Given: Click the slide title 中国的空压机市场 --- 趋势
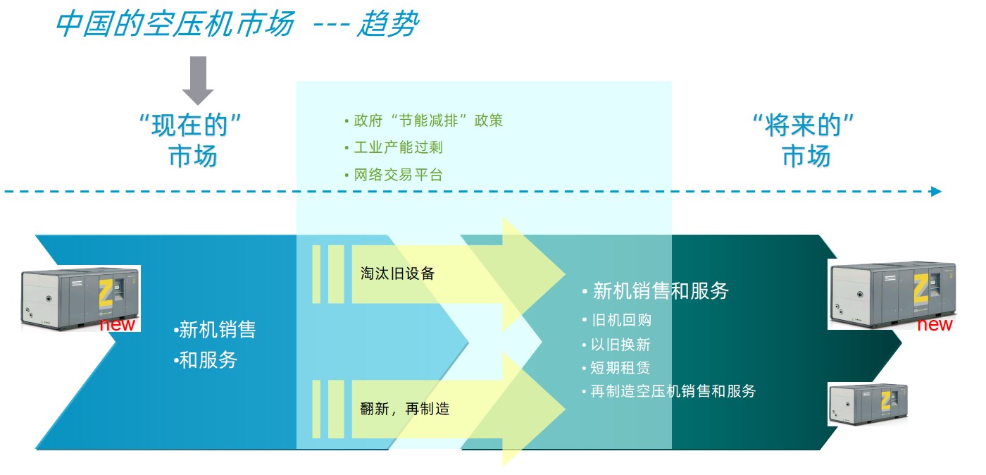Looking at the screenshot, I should click(236, 25).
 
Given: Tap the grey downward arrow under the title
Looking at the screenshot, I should click(198, 80).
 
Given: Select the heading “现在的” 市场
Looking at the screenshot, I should click(192, 141).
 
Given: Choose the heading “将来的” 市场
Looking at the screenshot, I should click(805, 141).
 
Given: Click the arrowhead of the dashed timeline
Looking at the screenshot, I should click(935, 191).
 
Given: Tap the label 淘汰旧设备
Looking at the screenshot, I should click(397, 273).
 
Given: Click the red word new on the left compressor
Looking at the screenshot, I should click(117, 325).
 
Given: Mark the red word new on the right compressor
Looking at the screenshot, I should click(935, 325).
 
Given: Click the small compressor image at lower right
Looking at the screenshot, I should click(868, 405).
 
